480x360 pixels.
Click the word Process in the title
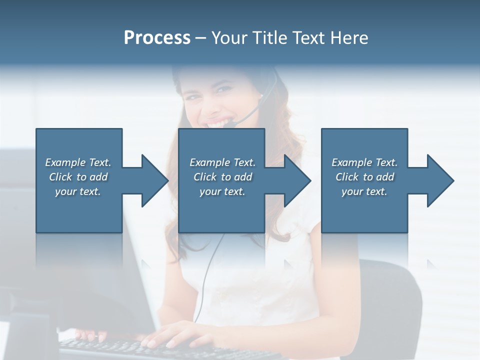click(157, 38)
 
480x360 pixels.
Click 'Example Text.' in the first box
click(78, 162)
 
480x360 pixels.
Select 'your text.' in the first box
click(78, 191)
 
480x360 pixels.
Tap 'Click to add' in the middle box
click(222, 177)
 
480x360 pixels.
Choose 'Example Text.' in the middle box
click(222, 162)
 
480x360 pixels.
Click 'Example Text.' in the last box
click(364, 162)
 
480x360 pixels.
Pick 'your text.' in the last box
click(364, 191)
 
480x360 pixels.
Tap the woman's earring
click(261, 95)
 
